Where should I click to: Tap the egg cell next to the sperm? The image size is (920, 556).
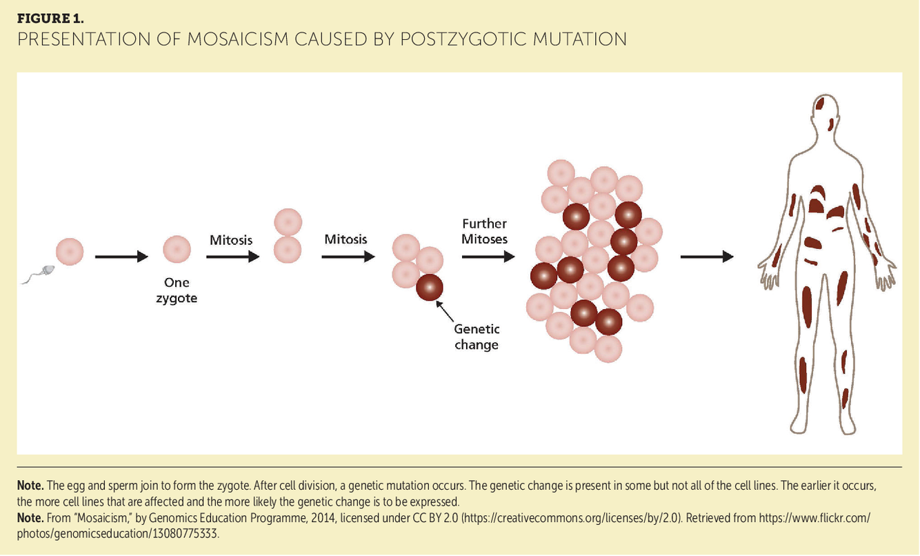pos(70,251)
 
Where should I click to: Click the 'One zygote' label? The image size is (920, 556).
pos(177,290)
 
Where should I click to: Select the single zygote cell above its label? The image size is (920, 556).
pos(177,249)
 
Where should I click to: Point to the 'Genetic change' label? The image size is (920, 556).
pos(477,336)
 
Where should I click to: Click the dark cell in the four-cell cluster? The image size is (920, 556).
pos(429,286)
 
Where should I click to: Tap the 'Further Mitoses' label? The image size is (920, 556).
pos(485,231)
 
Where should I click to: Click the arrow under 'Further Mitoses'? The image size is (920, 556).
pos(488,257)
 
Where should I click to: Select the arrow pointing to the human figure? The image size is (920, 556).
pos(706,257)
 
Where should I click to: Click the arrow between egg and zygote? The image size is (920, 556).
pos(121,257)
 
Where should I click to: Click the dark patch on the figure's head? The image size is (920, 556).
pos(821,104)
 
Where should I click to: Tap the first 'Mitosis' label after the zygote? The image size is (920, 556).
pos(231,240)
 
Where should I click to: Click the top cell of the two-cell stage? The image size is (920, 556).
pos(288,222)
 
